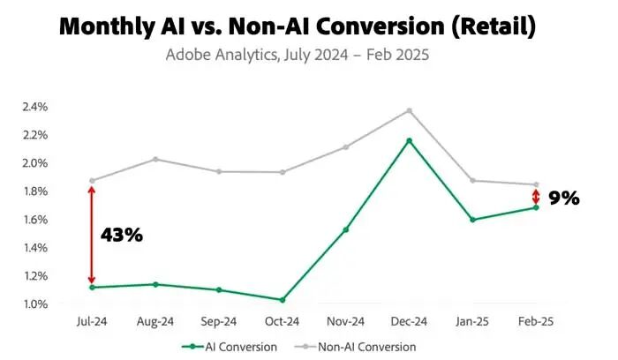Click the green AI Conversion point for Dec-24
pyautogui.click(x=409, y=140)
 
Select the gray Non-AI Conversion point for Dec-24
pyautogui.click(x=409, y=110)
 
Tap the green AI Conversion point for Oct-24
pyautogui.click(x=283, y=300)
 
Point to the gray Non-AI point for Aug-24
pyautogui.click(x=155, y=160)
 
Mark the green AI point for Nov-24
pyautogui.click(x=346, y=229)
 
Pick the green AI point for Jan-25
pyautogui.click(x=472, y=220)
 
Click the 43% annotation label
pyautogui.click(x=122, y=235)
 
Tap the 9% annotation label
pyautogui.click(x=564, y=199)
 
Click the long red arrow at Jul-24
pyautogui.click(x=92, y=235)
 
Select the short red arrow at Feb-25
pyautogui.click(x=536, y=197)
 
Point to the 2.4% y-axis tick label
pyautogui.click(x=35, y=107)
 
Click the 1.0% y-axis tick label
pyautogui.click(x=35, y=304)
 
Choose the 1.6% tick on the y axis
pyautogui.click(x=35, y=220)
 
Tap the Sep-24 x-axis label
pyautogui.click(x=219, y=322)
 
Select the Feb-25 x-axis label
pyautogui.click(x=536, y=322)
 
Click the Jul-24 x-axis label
pyautogui.click(x=92, y=322)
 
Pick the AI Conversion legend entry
pyautogui.click(x=230, y=347)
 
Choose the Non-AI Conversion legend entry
pyautogui.click(x=356, y=347)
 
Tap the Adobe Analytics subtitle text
pyautogui.click(x=298, y=55)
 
